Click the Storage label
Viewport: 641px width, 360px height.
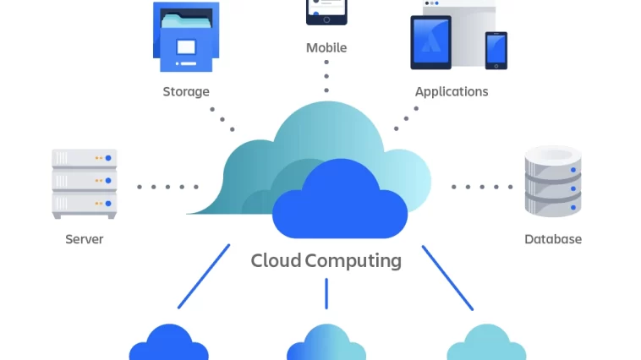click(x=186, y=91)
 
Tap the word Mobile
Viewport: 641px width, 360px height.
click(x=326, y=48)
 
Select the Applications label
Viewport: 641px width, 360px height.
click(x=451, y=91)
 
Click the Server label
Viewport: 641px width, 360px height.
click(x=85, y=239)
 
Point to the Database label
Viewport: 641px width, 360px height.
click(x=553, y=239)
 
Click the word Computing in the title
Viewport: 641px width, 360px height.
click(x=353, y=260)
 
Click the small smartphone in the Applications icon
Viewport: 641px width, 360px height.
click(x=496, y=50)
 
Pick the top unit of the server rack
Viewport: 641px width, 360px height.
click(x=85, y=158)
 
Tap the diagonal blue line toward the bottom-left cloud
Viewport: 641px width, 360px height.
click(x=204, y=275)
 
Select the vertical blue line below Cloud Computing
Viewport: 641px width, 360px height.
click(x=326, y=292)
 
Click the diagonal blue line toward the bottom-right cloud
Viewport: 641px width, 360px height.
click(x=447, y=277)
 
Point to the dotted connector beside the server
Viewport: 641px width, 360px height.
click(x=167, y=187)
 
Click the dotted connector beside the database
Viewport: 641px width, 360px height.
click(x=482, y=187)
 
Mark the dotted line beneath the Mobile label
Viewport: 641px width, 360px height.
click(x=326, y=76)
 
